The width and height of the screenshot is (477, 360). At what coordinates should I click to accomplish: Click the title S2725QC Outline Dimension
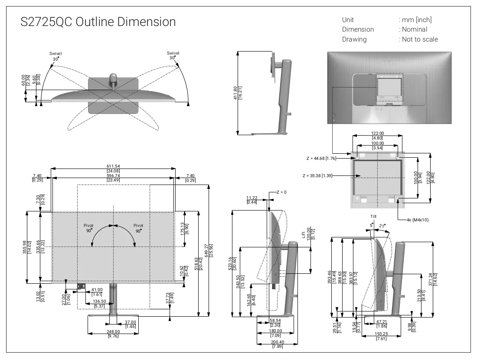[98, 22]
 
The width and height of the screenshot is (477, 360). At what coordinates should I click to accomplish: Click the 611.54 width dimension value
[113, 166]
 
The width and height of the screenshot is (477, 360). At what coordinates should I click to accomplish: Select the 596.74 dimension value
[113, 175]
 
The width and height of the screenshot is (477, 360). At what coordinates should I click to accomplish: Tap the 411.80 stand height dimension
[235, 93]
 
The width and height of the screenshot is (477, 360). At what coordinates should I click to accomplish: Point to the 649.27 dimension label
[206, 251]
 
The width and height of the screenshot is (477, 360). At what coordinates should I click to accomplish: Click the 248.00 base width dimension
[113, 331]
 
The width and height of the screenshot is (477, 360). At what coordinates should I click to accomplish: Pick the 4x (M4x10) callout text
[417, 220]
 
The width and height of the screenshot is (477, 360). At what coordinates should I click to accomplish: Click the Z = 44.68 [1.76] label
[321, 158]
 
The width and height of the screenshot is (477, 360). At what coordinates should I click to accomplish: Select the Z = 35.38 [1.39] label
[317, 175]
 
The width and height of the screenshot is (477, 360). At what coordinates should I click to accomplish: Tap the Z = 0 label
[281, 192]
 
